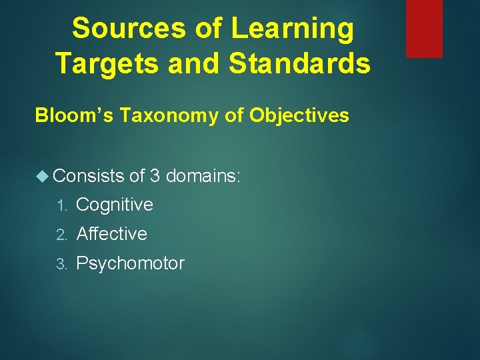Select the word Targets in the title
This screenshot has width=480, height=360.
pos(106,63)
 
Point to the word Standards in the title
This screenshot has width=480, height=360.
pos(299,63)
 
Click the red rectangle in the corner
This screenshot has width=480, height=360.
pos(424,28)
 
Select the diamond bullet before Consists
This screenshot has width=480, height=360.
pos(43,176)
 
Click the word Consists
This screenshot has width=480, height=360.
pos(89,176)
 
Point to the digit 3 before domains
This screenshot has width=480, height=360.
pos(155,176)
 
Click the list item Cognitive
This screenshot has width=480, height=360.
pos(115,205)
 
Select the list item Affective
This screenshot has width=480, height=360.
pos(112,234)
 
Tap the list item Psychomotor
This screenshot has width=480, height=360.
pos(130,263)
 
